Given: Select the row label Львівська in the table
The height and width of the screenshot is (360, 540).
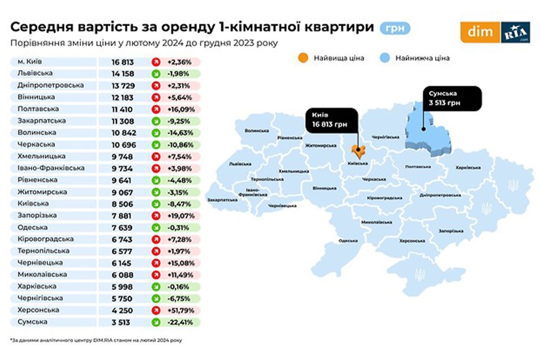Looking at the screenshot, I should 36,73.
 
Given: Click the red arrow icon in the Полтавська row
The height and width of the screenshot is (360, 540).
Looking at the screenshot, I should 156,109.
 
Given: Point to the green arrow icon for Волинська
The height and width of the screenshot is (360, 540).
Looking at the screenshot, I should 156,133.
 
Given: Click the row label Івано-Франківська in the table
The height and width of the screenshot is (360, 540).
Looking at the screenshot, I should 46,168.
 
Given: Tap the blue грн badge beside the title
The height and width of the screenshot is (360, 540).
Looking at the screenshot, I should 395,28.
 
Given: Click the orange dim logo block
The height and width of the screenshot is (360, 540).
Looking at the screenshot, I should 480,33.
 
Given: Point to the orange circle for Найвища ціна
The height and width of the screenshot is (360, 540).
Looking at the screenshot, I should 303,58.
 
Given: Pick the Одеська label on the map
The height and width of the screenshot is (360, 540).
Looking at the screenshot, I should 348,241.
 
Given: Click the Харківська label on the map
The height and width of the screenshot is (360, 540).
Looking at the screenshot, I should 468,167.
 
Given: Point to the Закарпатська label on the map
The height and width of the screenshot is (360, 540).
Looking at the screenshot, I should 222,199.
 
